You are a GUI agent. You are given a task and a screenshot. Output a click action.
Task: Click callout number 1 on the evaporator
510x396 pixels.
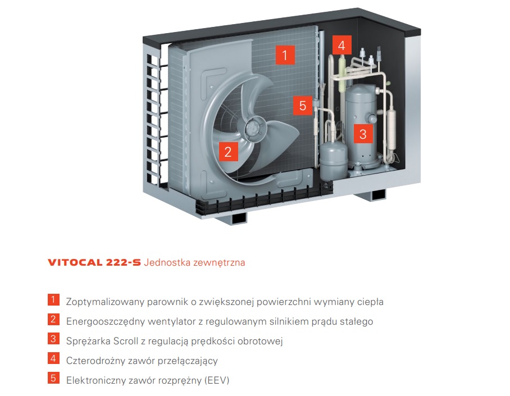(285, 54)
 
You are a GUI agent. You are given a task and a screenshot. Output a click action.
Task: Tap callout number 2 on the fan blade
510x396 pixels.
(228, 151)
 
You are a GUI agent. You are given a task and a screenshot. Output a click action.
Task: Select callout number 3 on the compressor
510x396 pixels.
(363, 134)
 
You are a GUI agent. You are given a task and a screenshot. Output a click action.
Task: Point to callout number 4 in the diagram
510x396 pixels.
(341, 45)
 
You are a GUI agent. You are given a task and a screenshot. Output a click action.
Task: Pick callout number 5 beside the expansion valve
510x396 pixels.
(303, 106)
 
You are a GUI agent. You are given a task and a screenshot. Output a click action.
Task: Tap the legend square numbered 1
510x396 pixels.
(53, 300)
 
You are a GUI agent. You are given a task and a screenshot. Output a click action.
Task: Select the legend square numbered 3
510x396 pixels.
(53, 339)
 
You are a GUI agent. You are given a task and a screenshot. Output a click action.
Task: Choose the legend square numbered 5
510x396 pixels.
(53, 378)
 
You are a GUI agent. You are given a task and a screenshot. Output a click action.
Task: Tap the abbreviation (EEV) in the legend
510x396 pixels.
(217, 380)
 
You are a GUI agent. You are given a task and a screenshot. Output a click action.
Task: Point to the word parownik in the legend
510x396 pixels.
(167, 302)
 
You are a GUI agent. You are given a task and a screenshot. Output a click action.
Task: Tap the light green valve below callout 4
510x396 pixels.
(342, 73)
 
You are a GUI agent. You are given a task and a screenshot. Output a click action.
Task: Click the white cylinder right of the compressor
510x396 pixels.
(391, 130)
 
